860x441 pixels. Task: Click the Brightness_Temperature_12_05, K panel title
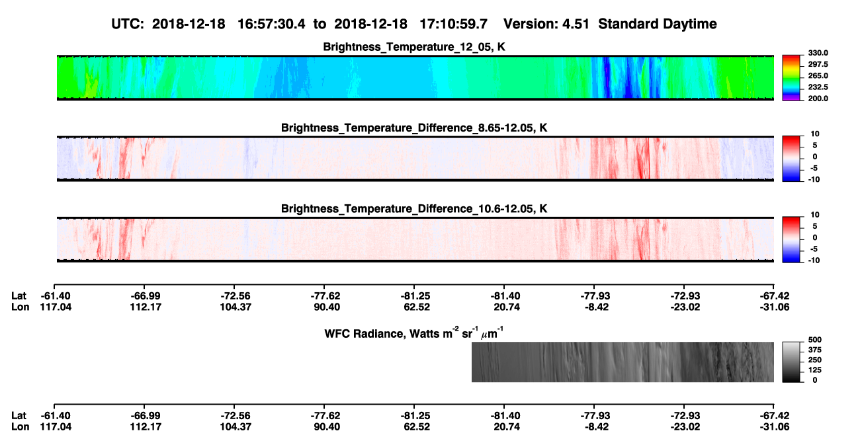coord(414,47)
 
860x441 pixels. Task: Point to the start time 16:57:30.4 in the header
coord(271,24)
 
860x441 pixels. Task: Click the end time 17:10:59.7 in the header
coord(453,24)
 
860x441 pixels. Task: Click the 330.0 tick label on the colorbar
coord(818,53)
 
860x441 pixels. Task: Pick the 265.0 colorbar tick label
coord(818,75)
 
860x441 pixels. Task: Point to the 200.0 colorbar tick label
coord(818,99)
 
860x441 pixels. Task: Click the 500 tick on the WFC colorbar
coord(815,340)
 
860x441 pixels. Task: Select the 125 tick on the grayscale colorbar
coord(815,370)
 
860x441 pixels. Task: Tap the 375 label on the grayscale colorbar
coord(815,350)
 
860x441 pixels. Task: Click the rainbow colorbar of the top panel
coord(791,78)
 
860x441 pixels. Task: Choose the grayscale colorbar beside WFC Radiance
coord(791,362)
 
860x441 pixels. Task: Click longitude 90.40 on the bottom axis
coord(327,427)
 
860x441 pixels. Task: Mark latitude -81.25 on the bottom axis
coord(415,416)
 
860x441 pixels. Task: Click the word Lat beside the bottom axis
coord(19,416)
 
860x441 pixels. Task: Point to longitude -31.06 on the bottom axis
coord(775,427)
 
